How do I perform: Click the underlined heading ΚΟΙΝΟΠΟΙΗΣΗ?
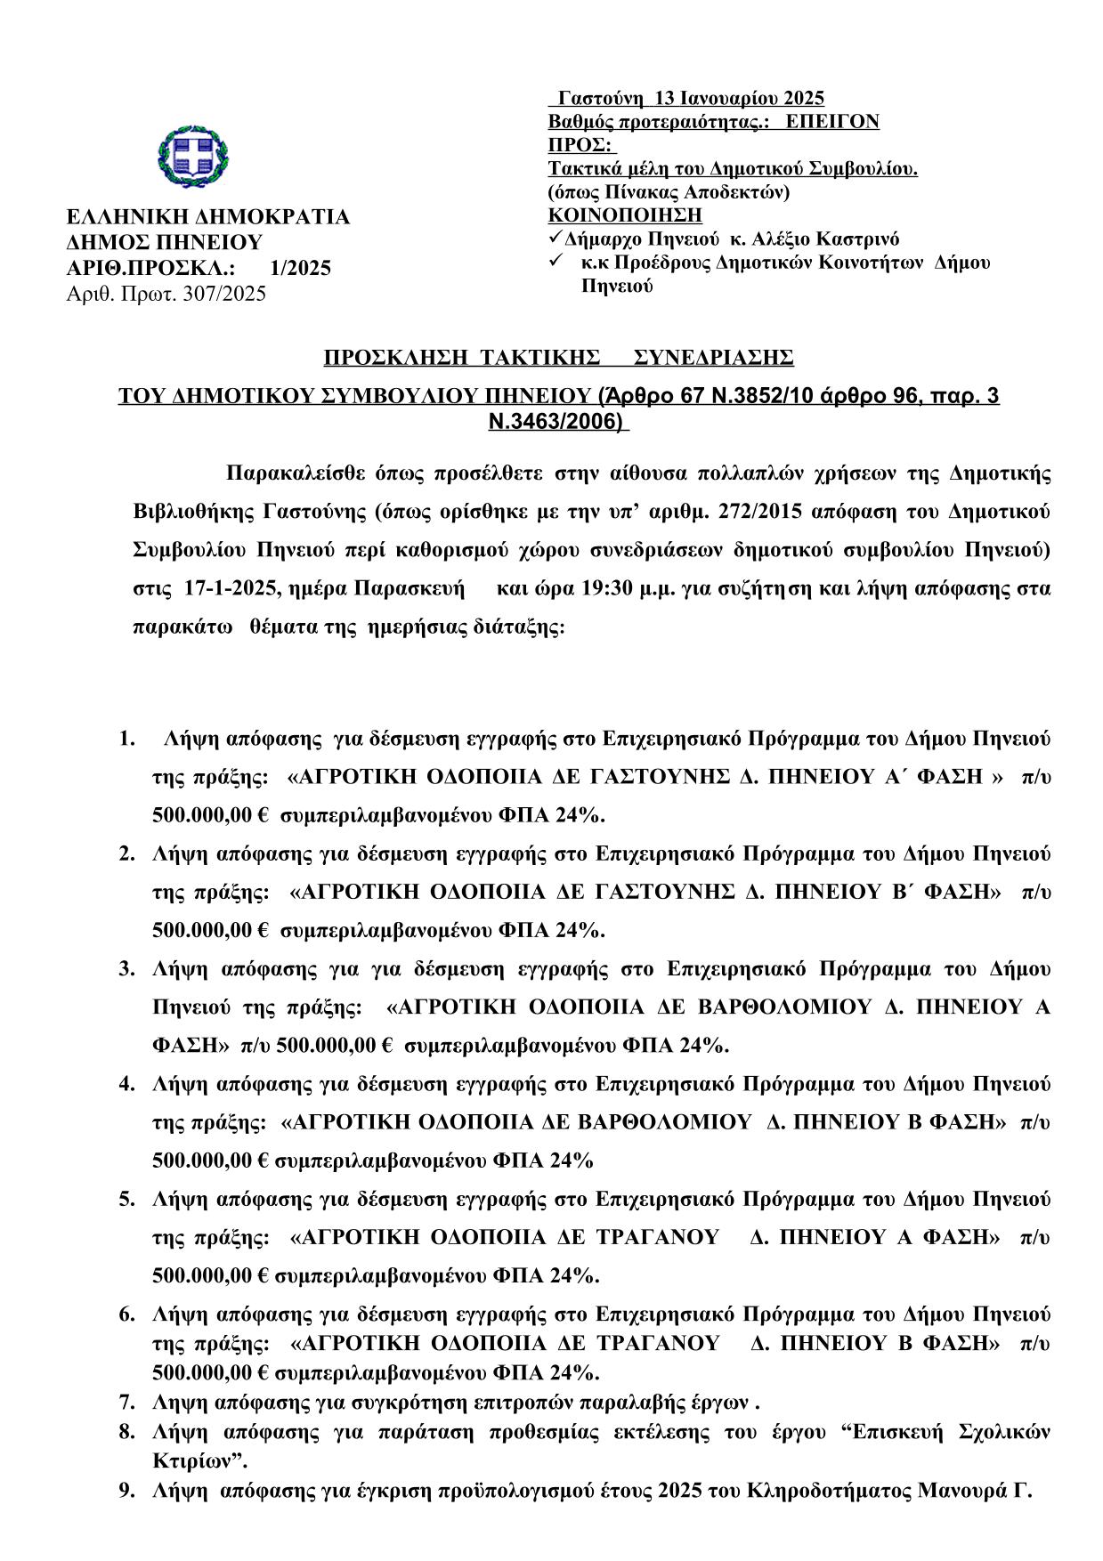click(624, 214)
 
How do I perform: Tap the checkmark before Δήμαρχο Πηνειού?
click(555, 238)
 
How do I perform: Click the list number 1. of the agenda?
click(127, 739)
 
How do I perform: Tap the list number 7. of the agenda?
click(127, 1403)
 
